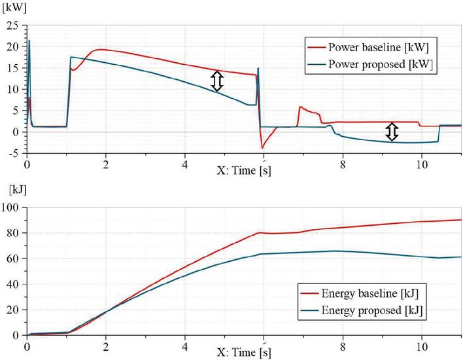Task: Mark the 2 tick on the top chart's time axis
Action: coord(105,164)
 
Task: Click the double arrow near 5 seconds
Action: coord(217,81)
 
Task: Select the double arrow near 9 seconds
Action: coord(391,132)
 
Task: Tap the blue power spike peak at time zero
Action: coord(29,41)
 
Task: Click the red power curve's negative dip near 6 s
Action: coord(262,147)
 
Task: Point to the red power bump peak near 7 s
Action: coord(300,107)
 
